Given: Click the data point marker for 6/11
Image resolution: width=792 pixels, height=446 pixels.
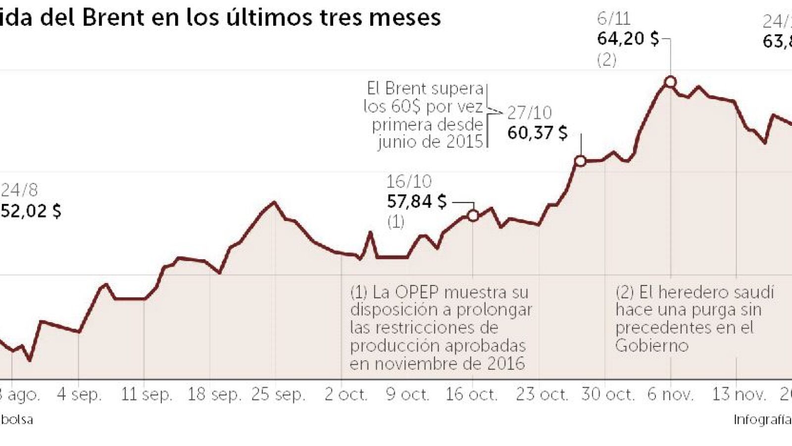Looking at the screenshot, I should coord(670,81).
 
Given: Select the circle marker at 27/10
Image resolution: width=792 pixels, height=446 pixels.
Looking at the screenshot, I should coord(580,161).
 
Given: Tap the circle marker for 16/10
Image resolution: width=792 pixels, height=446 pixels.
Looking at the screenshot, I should coord(473,216).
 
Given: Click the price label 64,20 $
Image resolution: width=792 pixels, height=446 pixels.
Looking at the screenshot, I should coord(628,39).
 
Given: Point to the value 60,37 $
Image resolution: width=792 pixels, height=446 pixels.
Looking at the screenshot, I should coord(537,133).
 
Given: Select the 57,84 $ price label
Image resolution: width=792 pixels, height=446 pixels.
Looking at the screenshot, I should coord(416,202).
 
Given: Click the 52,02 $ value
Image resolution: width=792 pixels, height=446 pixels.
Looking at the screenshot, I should coord(31,211).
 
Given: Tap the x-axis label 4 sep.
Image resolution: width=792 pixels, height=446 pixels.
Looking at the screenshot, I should coord(79,394).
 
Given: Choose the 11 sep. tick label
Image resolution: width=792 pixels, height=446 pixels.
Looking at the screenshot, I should coord(147,394).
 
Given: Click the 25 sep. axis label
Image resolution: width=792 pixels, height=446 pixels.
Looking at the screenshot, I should coord(278,394).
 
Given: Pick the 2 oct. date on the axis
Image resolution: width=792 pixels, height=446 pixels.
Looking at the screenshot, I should coord(346,394).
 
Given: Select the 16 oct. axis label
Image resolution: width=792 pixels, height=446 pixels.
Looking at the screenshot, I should coord(471,394).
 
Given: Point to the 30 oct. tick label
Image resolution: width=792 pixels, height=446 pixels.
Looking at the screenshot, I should coord(608,394).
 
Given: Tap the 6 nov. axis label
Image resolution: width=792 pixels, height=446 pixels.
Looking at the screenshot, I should coord(670,394).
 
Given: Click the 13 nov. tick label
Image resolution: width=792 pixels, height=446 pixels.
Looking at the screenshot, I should coord(739,394).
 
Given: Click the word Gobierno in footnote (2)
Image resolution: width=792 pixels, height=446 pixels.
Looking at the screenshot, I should coord(651,345).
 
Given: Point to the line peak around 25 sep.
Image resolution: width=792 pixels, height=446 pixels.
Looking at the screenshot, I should coord(274,202).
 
